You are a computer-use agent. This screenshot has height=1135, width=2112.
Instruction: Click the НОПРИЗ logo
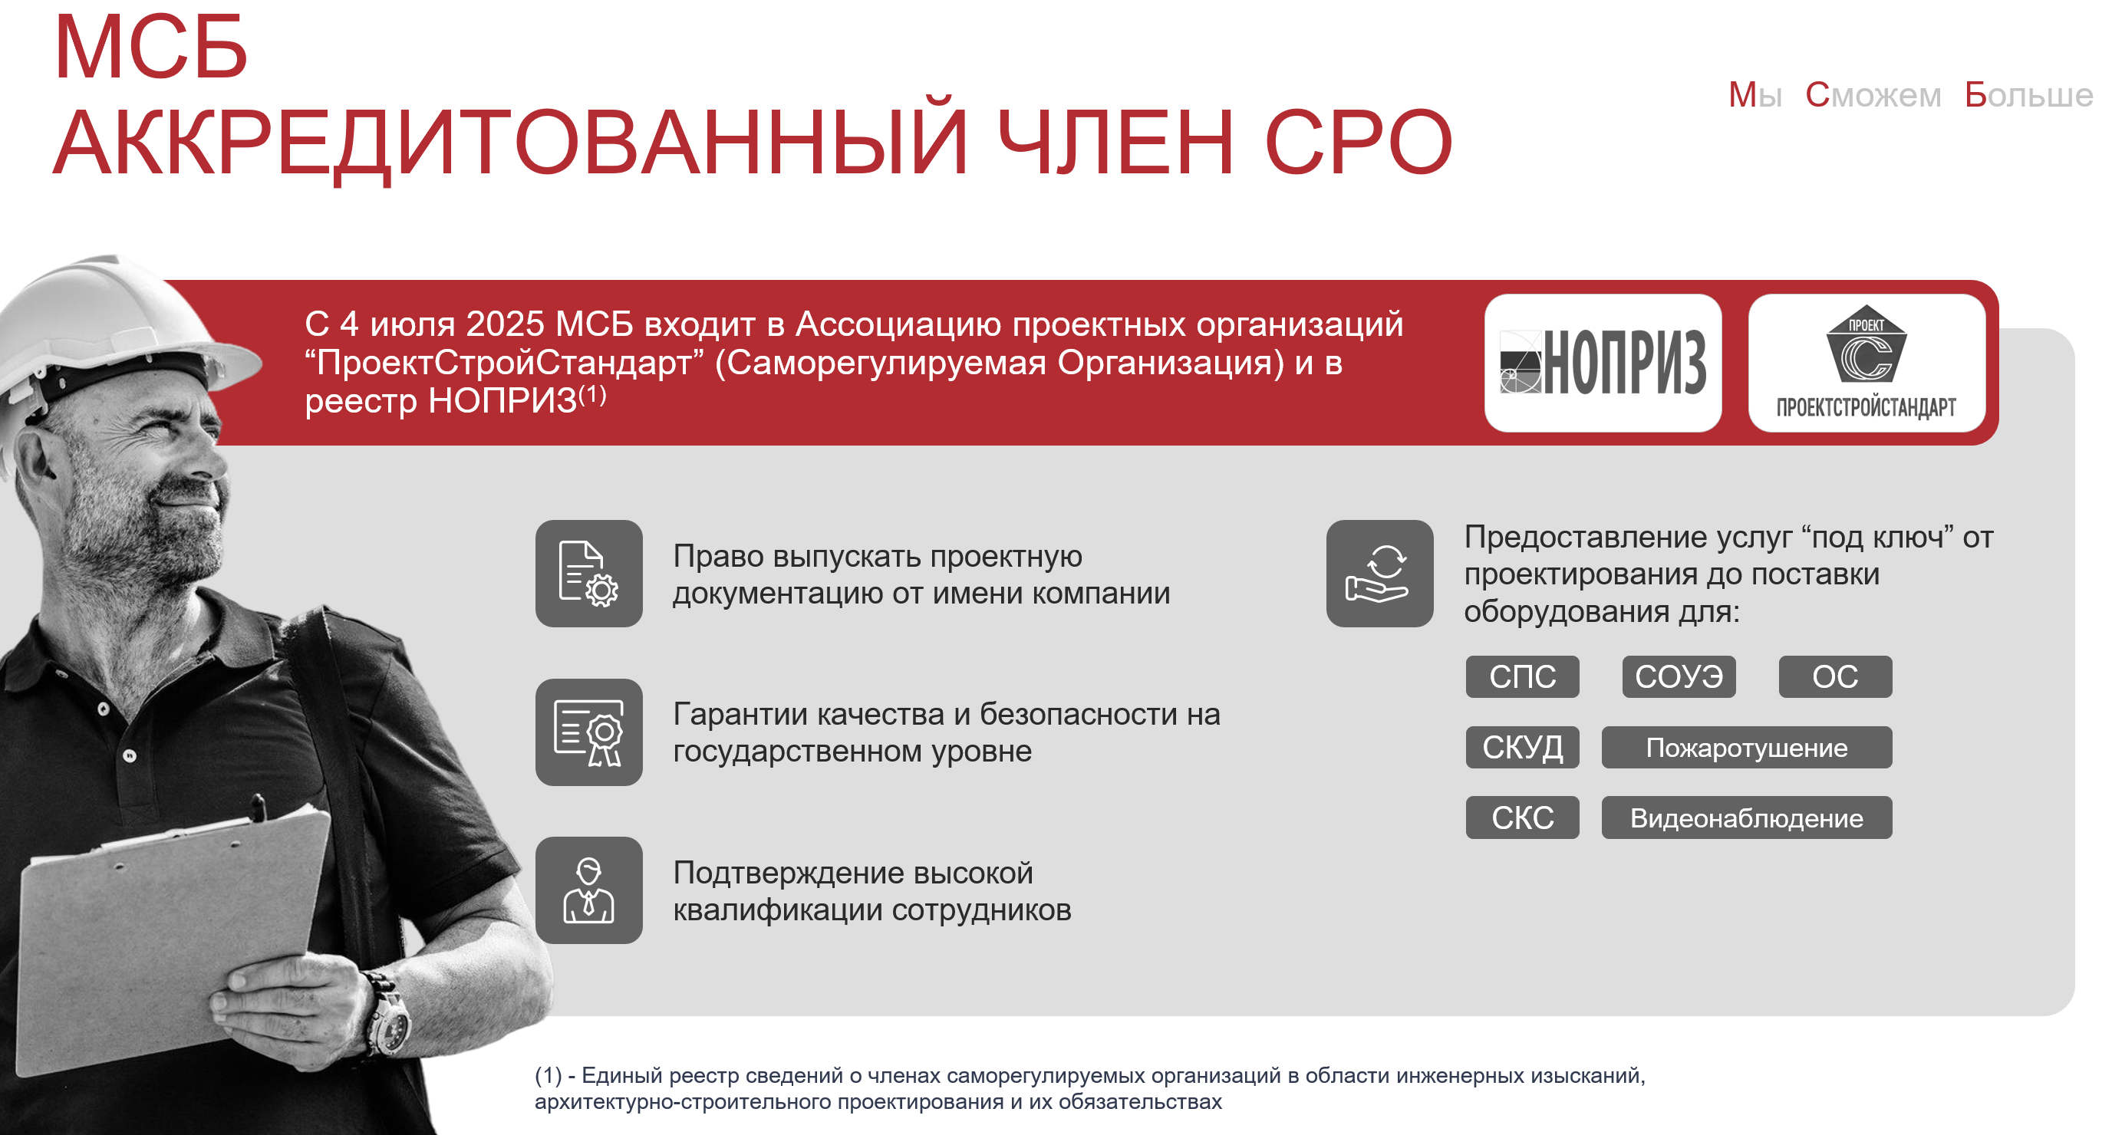1603,362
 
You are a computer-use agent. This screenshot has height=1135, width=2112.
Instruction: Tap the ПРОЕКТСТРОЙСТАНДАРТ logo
1867,362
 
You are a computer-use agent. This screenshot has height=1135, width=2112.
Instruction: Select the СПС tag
1523,677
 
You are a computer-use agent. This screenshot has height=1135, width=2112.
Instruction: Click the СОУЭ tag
1679,677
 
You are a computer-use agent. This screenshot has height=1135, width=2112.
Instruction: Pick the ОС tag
1836,677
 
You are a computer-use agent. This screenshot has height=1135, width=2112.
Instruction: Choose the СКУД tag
1523,748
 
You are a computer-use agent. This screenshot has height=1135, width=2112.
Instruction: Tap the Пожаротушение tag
1747,748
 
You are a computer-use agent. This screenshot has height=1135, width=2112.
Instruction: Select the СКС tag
1523,818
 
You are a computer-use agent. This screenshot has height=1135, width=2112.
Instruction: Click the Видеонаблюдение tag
1747,818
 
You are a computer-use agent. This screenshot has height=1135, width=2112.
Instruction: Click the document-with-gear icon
588,574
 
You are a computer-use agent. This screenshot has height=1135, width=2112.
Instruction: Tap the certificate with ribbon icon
588,732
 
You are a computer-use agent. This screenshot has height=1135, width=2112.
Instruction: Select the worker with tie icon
588,890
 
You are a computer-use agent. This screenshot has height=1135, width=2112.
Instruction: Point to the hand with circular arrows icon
1380,574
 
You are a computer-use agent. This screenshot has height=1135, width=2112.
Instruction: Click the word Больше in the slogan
2028,95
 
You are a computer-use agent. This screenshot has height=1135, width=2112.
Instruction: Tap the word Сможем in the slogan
1873,95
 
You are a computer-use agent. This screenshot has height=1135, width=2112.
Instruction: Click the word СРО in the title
1359,143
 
